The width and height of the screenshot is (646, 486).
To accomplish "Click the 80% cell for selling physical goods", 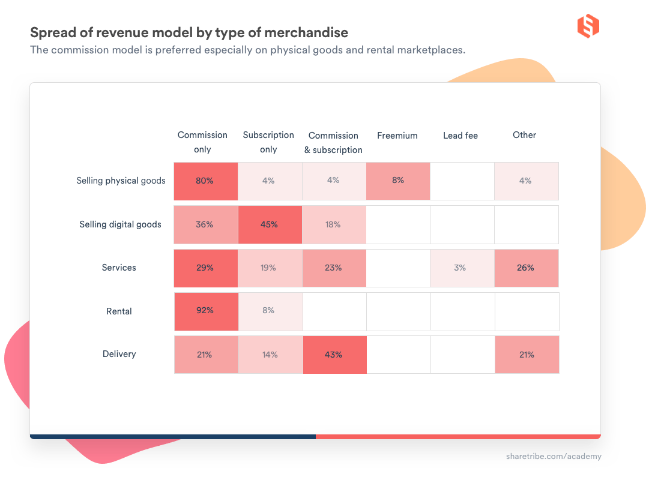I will click(205, 181).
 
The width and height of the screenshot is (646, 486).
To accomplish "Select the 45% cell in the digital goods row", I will click(270, 224).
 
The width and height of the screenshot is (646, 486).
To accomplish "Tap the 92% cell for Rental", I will click(205, 311).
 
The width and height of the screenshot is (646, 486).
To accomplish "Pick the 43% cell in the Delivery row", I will click(334, 355).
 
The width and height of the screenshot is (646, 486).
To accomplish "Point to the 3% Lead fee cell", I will click(460, 268).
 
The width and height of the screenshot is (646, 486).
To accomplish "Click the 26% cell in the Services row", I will click(526, 268).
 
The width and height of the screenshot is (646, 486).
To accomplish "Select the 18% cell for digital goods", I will click(334, 224).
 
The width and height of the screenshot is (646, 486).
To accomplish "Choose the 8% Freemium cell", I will click(398, 181).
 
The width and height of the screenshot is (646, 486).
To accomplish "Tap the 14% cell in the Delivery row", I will click(270, 355).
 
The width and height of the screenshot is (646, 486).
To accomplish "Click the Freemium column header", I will click(397, 136).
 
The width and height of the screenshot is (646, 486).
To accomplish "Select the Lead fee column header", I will click(460, 136).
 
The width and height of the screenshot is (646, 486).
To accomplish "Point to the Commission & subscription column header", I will click(333, 143).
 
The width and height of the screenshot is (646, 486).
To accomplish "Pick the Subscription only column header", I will click(268, 142).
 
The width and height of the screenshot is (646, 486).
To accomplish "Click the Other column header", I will click(524, 135).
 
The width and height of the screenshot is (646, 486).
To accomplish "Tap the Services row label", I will click(119, 268).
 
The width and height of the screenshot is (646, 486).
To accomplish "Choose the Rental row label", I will click(119, 311).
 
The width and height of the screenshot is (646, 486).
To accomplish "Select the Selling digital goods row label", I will click(120, 224).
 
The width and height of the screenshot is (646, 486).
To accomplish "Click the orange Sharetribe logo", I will click(588, 26).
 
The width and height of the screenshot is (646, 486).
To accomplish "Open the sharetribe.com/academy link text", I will click(553, 457).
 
